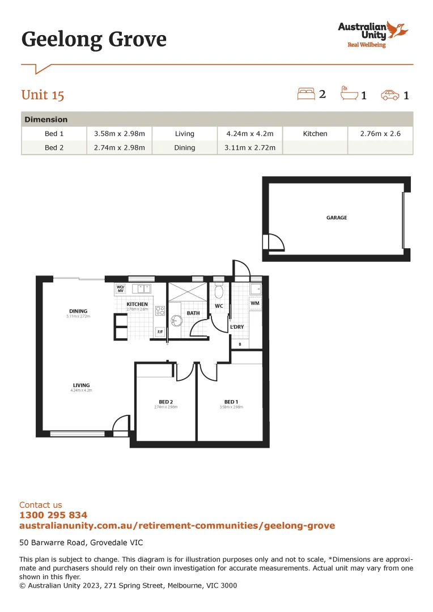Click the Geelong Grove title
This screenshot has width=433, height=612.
[x=94, y=40]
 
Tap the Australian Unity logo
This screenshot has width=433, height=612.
[x=372, y=34]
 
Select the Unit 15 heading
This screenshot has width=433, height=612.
[x=43, y=95]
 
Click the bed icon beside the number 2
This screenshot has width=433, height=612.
[x=306, y=94]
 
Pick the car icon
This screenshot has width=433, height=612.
[x=390, y=95]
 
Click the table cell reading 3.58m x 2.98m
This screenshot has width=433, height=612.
[x=119, y=134]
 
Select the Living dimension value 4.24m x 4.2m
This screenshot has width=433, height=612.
[x=249, y=134]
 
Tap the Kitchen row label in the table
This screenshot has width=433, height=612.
[x=315, y=134]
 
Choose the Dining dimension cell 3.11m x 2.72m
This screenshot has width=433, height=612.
[x=249, y=148]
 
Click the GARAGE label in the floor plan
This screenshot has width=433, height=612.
[x=337, y=218]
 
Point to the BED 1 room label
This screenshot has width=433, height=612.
[x=231, y=402]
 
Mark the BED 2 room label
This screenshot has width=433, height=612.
[x=165, y=402]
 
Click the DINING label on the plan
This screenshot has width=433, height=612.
[x=78, y=311]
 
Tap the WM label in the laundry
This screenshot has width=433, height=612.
[x=254, y=303]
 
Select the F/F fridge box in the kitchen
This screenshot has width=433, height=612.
[x=160, y=331]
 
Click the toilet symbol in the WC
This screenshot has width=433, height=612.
[x=219, y=293]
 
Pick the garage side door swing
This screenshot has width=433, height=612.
[x=275, y=242]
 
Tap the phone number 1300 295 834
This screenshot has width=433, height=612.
[x=53, y=515]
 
